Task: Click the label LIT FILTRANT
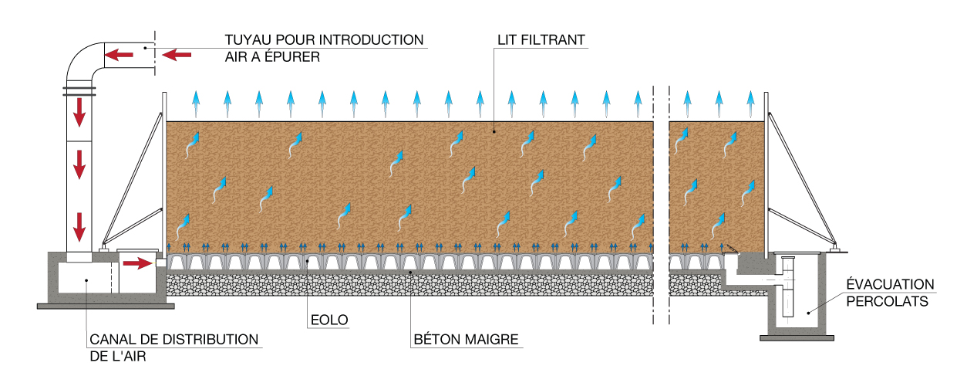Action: click(543, 38)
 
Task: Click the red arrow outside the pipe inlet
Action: click(177, 54)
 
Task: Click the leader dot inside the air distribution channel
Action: click(85, 280)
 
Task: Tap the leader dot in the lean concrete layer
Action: click(410, 272)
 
